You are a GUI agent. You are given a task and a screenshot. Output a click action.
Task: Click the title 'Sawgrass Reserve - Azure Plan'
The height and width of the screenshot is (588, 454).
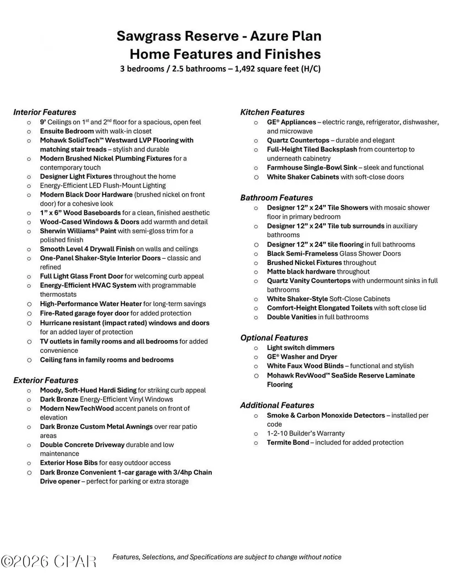click(x=218, y=36)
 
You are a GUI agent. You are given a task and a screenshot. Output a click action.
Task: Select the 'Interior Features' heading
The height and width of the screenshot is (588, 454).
click(x=45, y=112)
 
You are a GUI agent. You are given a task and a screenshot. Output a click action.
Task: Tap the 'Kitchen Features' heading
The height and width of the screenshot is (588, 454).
click(x=272, y=112)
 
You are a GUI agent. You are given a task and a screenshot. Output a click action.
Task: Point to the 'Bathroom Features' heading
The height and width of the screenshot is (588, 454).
click(x=276, y=198)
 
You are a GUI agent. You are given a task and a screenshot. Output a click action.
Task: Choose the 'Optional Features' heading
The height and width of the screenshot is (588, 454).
click(x=274, y=338)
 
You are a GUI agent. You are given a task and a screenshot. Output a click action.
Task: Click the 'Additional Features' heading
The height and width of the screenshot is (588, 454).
click(x=277, y=405)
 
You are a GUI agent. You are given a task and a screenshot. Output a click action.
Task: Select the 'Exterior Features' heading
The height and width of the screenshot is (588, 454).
click(x=46, y=380)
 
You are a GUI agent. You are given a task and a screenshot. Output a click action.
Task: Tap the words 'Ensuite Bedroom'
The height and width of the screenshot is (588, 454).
click(x=67, y=131)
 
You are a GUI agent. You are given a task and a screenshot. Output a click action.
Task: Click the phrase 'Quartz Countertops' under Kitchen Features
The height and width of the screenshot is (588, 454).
click(x=298, y=140)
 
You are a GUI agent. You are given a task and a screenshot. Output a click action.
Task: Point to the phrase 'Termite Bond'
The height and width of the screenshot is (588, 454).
click(x=288, y=442)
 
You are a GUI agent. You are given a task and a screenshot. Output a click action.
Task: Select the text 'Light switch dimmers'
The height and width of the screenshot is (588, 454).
click(x=300, y=348)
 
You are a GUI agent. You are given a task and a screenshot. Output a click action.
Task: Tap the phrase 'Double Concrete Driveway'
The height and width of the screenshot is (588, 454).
click(x=82, y=445)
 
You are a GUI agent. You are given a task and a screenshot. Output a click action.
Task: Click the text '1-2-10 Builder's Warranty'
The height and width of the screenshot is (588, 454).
click(x=305, y=433)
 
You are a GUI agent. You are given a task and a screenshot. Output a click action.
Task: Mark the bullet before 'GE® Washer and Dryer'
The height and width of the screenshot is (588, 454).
click(x=256, y=357)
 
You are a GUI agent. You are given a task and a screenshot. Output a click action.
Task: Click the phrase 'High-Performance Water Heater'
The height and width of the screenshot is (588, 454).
click(x=91, y=304)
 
